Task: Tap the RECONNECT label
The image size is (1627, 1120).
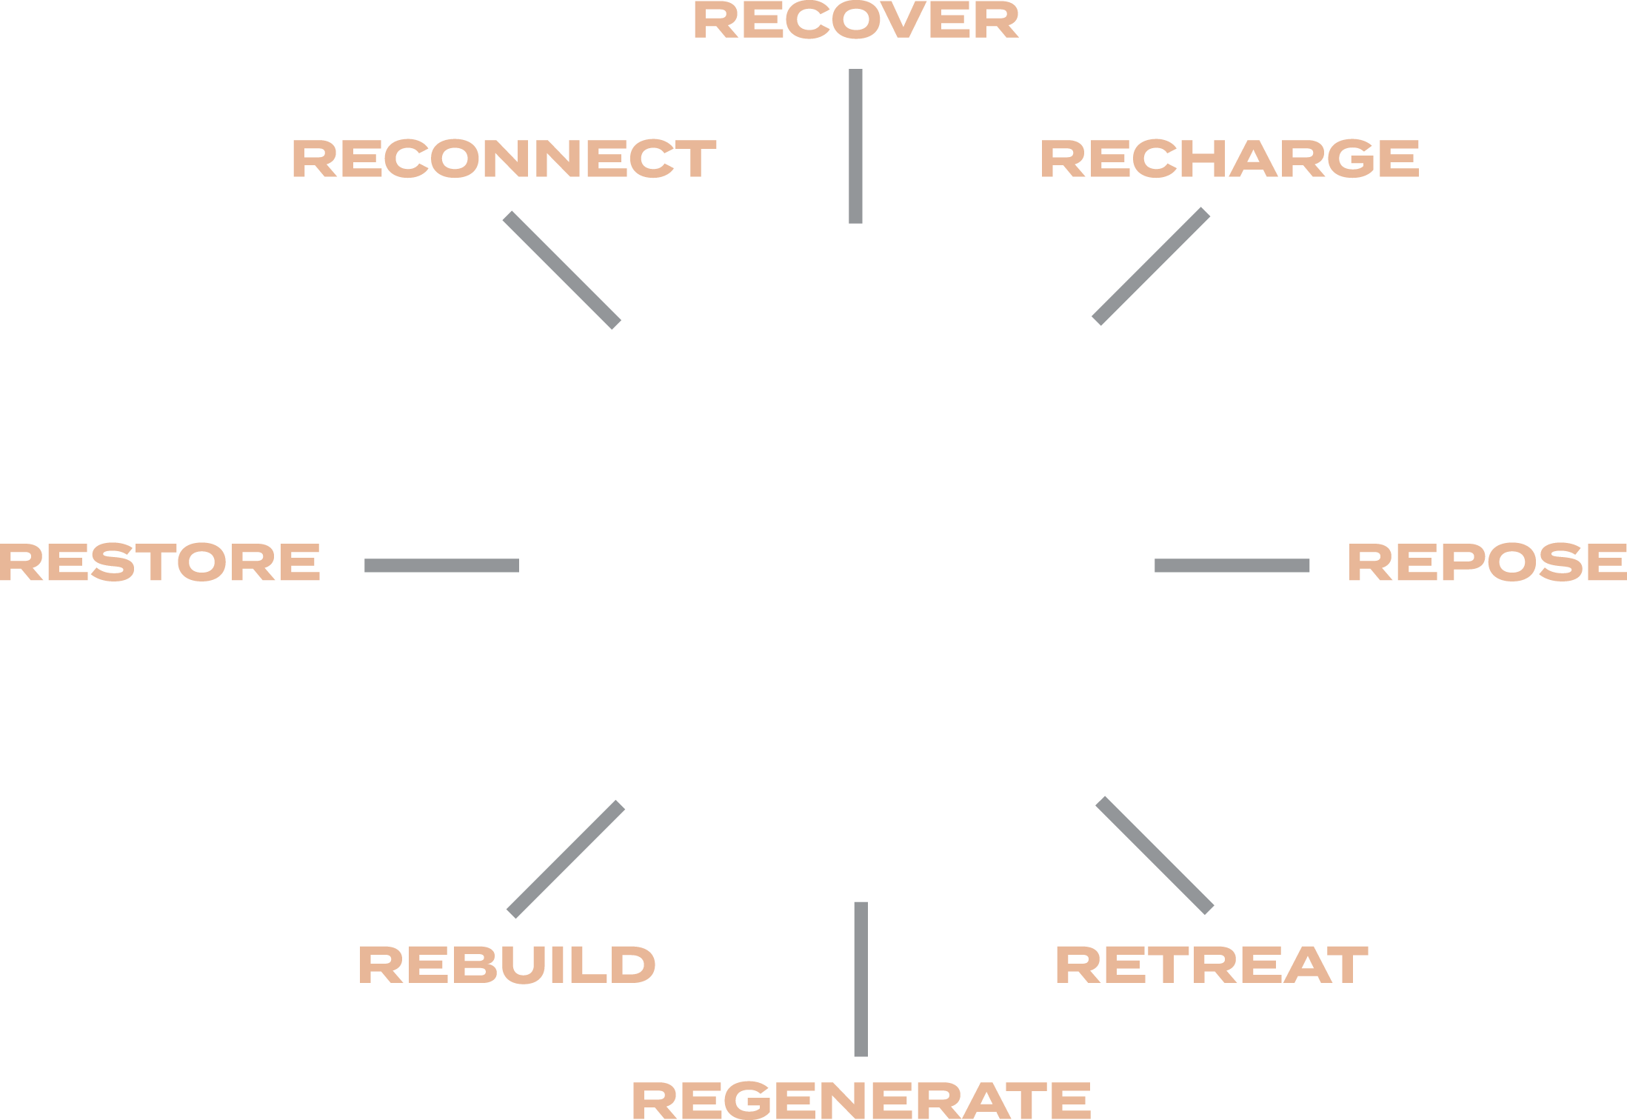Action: tap(504, 159)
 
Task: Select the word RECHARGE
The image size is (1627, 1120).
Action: tap(1229, 159)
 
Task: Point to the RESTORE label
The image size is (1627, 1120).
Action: tap(160, 561)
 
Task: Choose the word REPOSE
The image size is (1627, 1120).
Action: tap(1487, 561)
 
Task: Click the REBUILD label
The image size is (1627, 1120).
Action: tap(507, 964)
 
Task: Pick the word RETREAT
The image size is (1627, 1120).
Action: tap(1212, 964)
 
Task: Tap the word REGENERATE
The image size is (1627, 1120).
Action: tap(861, 1099)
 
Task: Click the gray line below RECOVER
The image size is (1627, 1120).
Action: tap(855, 146)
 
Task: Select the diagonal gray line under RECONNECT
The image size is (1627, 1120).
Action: tap(561, 270)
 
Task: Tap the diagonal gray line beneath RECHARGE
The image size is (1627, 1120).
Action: tap(1151, 267)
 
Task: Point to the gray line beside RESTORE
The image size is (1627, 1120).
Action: tap(441, 566)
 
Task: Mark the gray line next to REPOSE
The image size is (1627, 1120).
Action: tap(1232, 566)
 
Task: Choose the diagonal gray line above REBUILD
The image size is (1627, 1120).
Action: tap(566, 859)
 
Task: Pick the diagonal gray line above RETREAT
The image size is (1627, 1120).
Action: tap(1155, 855)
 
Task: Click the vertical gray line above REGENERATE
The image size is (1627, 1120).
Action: tap(861, 979)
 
